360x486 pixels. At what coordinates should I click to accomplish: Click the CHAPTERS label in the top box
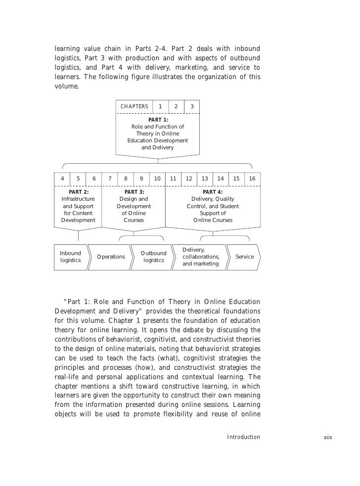135,106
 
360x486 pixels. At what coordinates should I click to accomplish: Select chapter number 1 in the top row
160,106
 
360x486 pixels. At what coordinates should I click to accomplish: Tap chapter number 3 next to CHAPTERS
192,106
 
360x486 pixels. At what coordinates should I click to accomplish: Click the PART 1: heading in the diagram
158,120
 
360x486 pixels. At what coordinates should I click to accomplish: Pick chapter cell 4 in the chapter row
62,178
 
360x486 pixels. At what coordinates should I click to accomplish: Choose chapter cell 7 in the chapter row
109,178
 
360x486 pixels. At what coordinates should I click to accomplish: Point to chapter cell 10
157,178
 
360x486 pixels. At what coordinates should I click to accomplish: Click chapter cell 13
205,178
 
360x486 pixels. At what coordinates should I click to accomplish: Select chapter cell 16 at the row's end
252,178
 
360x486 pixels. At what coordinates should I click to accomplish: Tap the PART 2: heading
79,192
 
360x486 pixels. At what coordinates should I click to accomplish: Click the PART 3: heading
134,192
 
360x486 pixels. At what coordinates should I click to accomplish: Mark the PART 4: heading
213,192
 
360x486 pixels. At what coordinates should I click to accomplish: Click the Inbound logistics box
71,257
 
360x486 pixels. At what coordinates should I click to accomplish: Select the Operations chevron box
111,257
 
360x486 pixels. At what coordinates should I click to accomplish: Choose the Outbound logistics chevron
153,257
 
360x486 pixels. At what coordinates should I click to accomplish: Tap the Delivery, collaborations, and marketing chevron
201,257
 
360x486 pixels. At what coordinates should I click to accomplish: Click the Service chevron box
245,257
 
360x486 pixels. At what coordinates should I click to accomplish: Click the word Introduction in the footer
243,437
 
